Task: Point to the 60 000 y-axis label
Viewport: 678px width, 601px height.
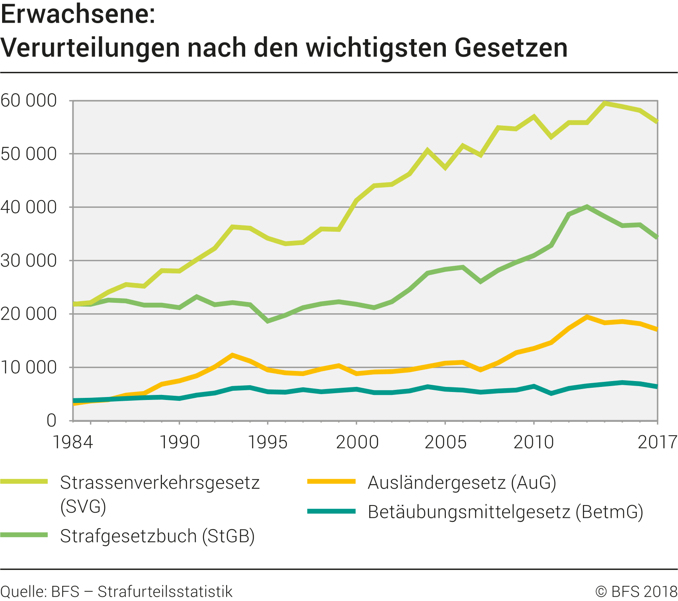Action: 29,101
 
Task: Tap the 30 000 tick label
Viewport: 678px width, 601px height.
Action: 29,261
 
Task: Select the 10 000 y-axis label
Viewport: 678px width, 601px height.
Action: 29,368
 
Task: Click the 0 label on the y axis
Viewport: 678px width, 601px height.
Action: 51,421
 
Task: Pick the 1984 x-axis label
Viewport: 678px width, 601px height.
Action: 73,442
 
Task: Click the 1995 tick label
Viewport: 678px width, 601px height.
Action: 267,442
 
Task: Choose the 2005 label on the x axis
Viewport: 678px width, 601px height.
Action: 445,442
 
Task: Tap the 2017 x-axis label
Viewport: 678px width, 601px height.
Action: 657,442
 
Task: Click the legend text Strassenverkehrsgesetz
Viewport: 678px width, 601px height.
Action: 160,483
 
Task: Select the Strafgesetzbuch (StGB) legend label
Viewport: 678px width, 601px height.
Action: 157,536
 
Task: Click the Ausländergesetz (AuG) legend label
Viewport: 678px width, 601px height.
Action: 462,483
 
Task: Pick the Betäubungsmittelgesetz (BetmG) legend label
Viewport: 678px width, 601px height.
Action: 506,512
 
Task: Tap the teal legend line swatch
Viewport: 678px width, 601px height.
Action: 331,511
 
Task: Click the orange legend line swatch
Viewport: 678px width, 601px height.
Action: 331,482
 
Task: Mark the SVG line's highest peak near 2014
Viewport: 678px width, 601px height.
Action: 604,103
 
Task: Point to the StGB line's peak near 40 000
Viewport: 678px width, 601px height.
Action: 587,207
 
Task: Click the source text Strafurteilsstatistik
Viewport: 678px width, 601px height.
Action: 165,592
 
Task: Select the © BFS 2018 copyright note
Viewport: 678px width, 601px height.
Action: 636,592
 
